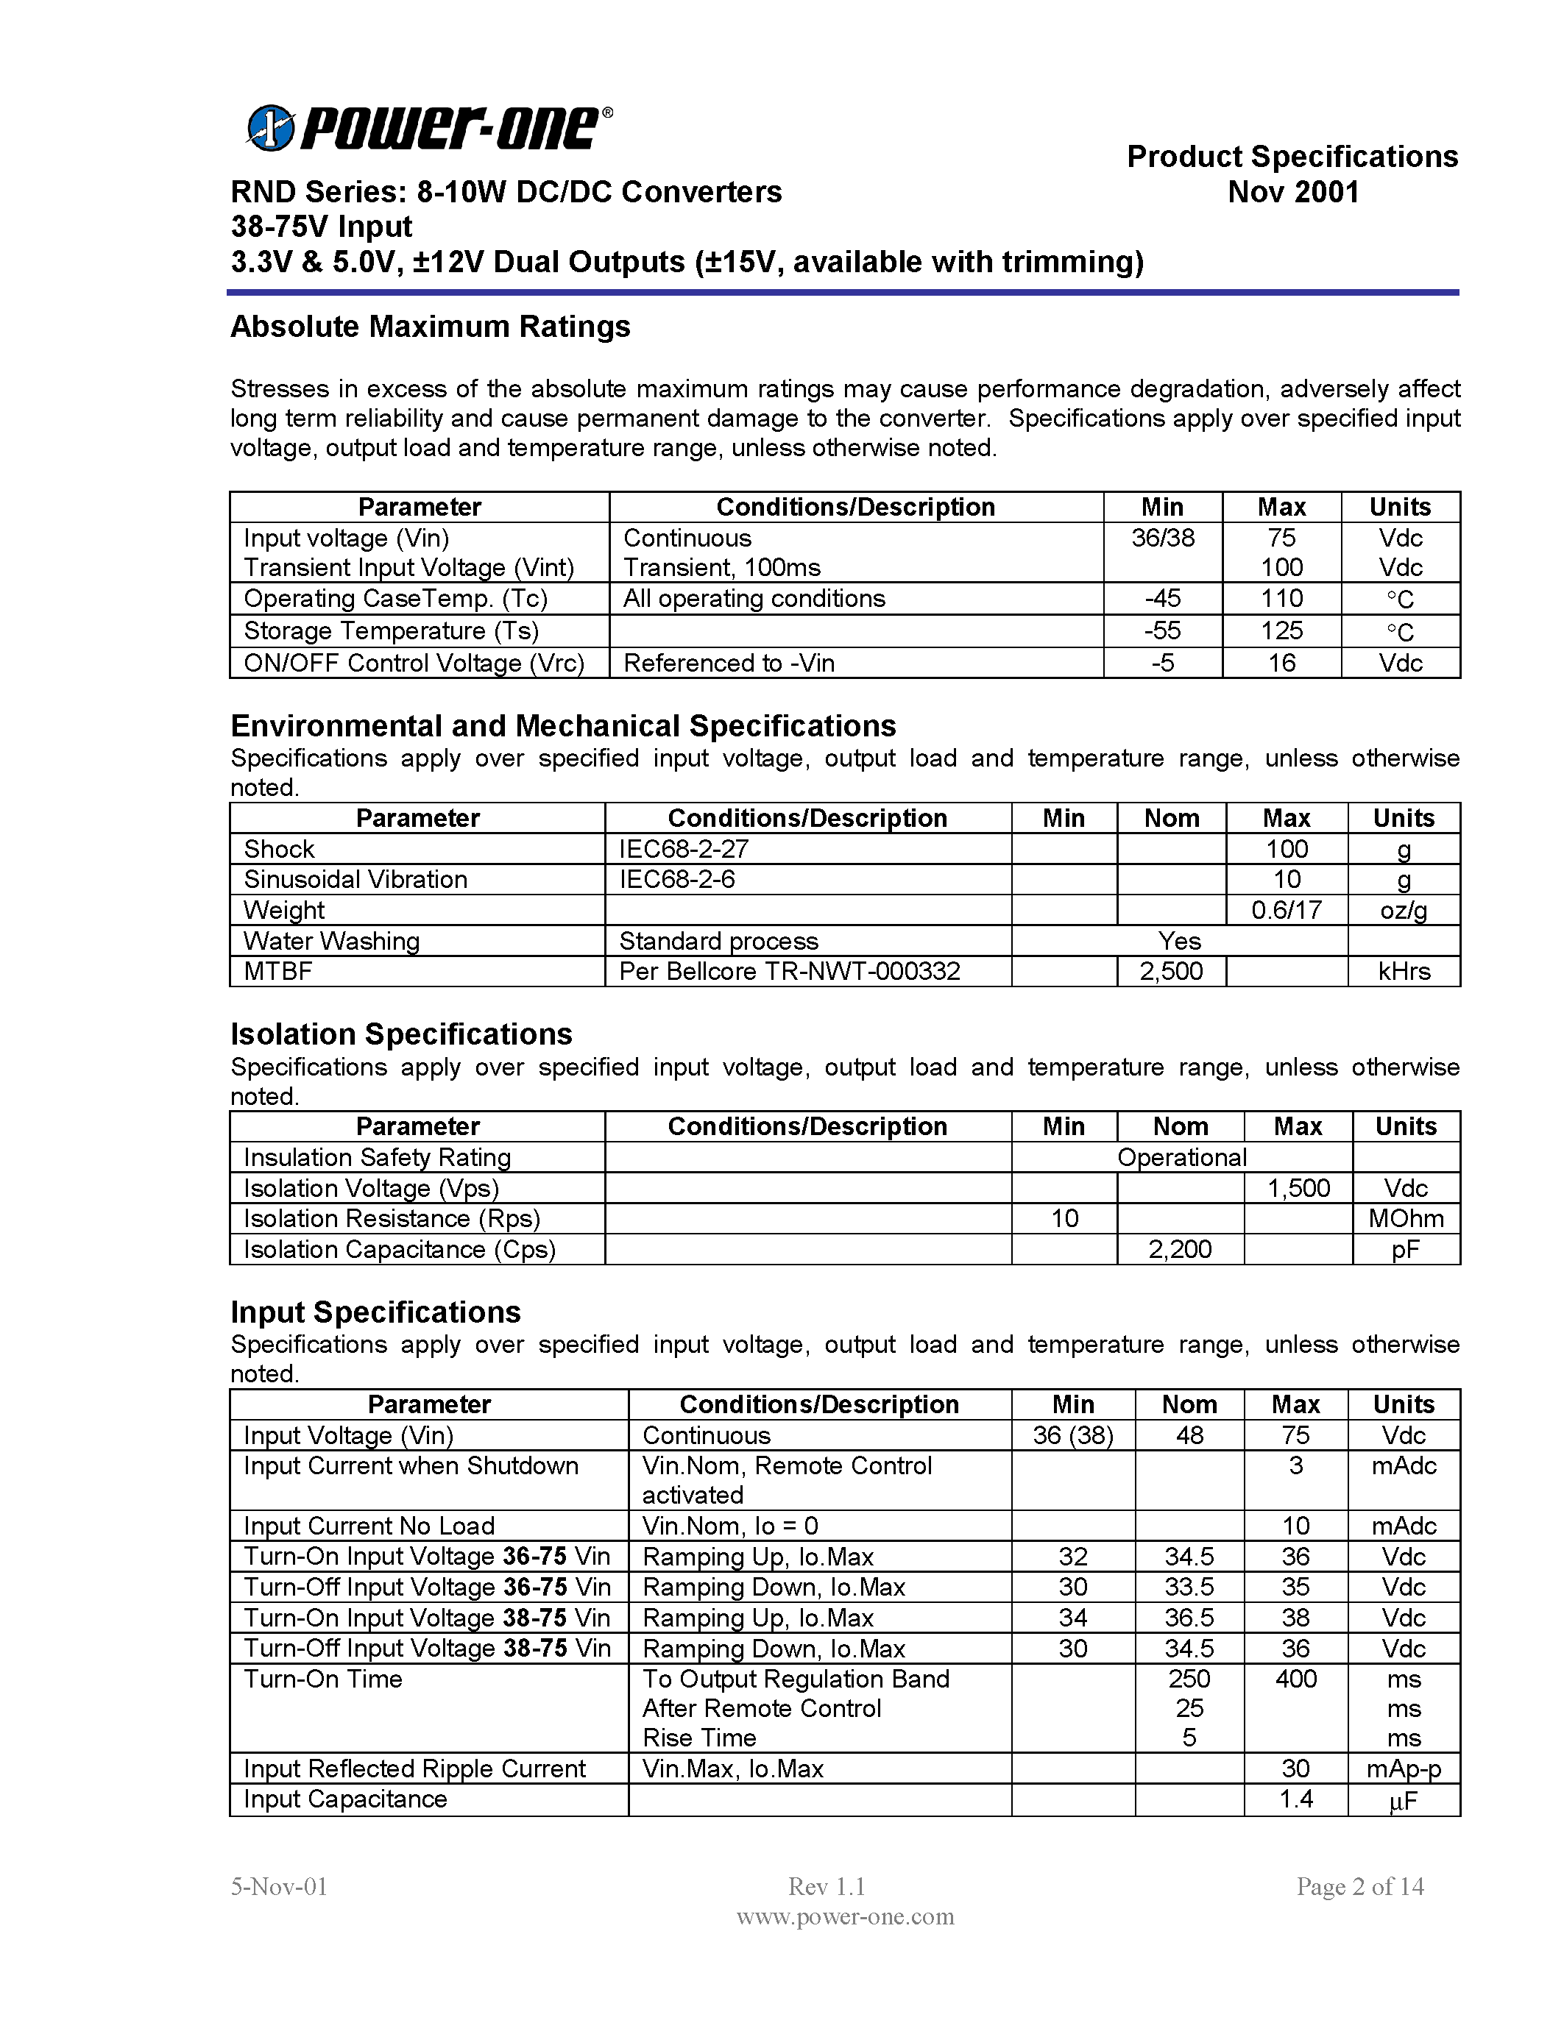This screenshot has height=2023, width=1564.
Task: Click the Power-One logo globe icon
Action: point(272,128)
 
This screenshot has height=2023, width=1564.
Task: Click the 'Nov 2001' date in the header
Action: point(1292,192)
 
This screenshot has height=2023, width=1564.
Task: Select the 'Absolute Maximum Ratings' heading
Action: point(430,326)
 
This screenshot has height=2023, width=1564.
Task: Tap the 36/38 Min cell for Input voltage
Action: point(1163,538)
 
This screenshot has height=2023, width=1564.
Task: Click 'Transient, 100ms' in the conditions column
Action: point(722,567)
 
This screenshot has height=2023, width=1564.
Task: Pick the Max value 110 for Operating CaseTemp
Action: point(1281,598)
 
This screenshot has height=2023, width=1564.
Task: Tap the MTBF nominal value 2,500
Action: point(1171,971)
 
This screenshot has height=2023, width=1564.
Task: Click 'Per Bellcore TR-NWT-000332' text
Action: point(790,971)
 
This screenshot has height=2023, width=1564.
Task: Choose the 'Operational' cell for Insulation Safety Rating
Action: point(1181,1157)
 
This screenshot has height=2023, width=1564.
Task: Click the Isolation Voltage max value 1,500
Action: point(1298,1187)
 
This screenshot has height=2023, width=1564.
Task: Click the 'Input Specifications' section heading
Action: point(375,1312)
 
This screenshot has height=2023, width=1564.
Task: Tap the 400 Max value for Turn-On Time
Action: point(1295,1679)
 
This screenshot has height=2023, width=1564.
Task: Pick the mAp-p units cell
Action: point(1404,1768)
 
